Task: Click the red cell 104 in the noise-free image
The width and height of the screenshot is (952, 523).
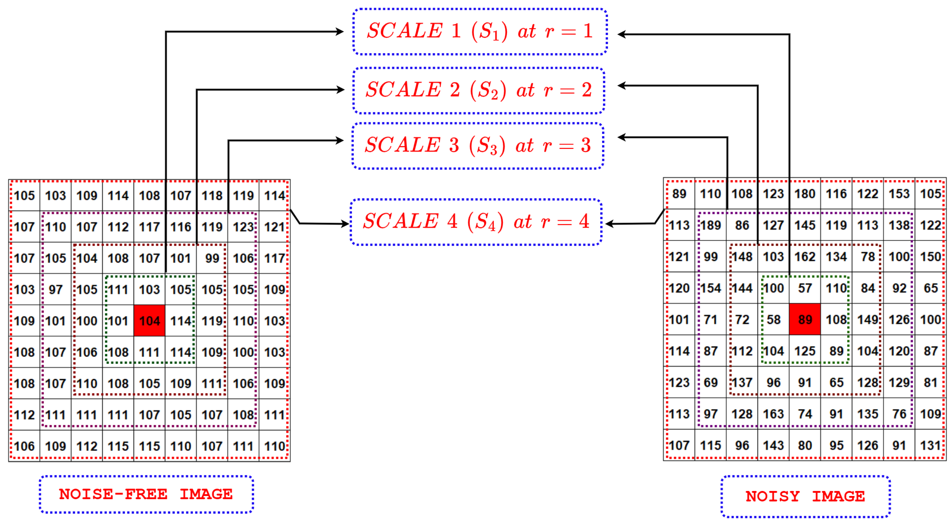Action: point(149,320)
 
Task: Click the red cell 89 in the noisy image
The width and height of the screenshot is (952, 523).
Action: point(805,319)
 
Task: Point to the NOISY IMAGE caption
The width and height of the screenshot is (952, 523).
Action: point(806,496)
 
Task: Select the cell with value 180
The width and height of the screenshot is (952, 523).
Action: point(805,193)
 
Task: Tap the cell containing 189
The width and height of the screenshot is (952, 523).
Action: point(711,225)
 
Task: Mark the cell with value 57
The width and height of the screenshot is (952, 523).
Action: point(805,288)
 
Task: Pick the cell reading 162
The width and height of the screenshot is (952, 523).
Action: point(805,256)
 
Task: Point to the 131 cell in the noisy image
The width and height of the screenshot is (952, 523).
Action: point(930,445)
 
